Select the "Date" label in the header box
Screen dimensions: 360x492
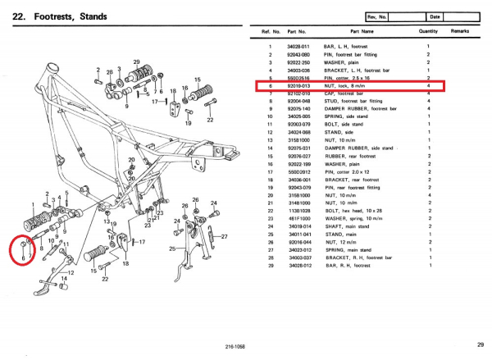tap(434, 16)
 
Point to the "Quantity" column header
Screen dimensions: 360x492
tap(427, 31)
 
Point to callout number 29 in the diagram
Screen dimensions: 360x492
tap(136, 62)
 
